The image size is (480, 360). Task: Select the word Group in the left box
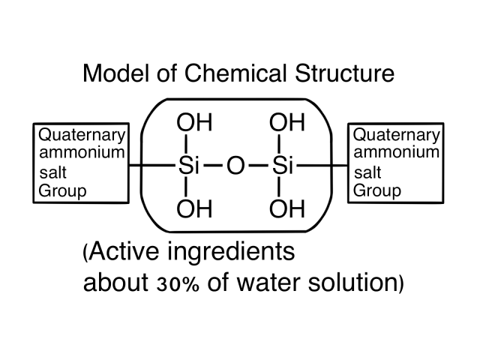point(62,190)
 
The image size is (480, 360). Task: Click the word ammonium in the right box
point(395,153)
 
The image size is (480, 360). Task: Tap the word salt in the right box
point(367,172)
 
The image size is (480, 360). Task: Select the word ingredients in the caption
point(242,253)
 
